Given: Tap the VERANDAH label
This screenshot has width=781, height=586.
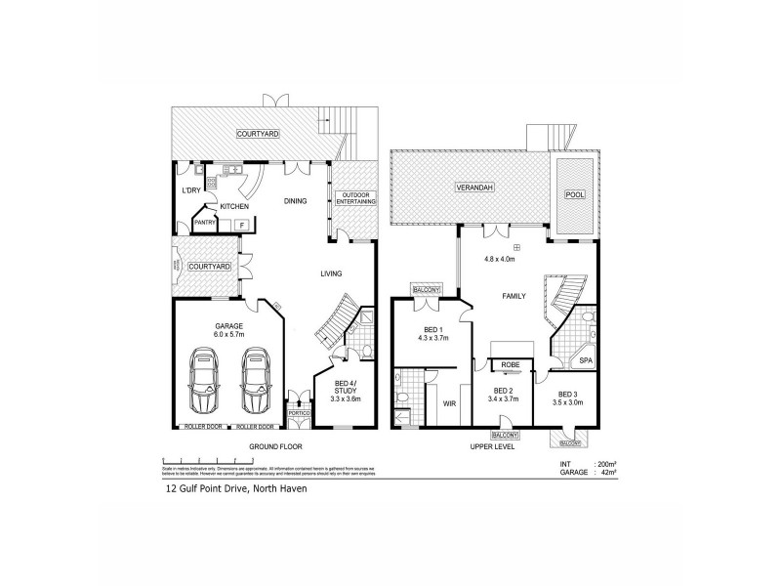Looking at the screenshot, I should click(471, 187).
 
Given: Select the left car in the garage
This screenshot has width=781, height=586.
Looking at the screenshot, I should click(206, 380).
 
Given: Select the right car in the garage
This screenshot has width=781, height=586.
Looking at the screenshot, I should click(255, 380).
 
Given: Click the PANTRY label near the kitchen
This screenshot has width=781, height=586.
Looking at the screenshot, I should click(205, 223).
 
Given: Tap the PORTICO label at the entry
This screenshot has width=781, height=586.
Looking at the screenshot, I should click(298, 414).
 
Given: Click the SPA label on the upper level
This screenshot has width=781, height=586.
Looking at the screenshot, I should click(585, 359).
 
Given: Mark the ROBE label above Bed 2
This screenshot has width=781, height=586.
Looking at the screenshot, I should click(510, 364).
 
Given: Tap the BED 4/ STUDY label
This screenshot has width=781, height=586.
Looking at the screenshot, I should click(345, 388).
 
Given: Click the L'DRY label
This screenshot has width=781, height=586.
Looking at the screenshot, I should click(190, 190).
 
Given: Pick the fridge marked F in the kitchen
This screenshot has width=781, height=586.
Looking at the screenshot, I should click(240, 225).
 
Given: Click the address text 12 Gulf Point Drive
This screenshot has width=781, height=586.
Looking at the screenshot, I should click(234, 489).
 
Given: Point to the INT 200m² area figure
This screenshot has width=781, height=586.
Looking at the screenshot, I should click(595, 463).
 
